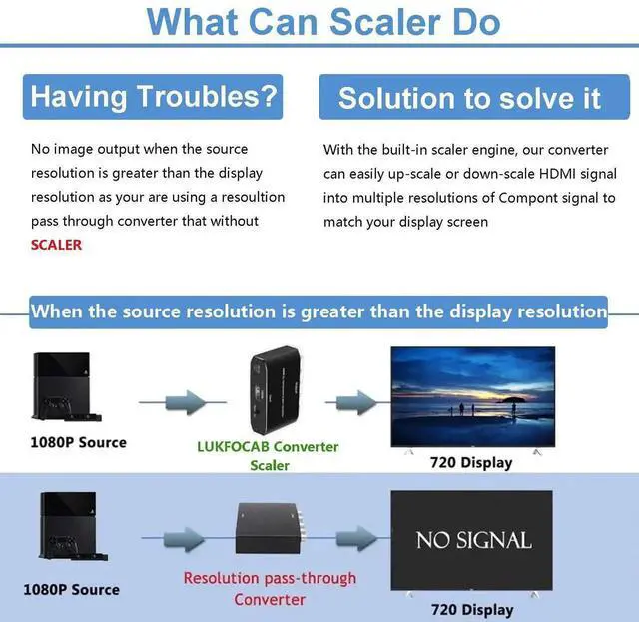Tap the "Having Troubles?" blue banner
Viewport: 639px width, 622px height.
(x=153, y=97)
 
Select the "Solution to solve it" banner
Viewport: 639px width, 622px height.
(x=469, y=98)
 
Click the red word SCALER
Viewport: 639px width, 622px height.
(x=57, y=245)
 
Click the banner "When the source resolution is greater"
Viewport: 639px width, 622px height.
(x=319, y=311)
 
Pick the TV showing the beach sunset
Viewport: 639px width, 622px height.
(x=472, y=395)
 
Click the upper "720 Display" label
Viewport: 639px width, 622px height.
(x=471, y=462)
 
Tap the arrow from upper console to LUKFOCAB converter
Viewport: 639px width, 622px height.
(x=172, y=403)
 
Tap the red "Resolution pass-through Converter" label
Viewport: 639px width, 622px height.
(x=270, y=589)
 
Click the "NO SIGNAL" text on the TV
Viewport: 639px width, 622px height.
(x=473, y=540)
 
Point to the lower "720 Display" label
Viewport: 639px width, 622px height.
(x=472, y=610)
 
